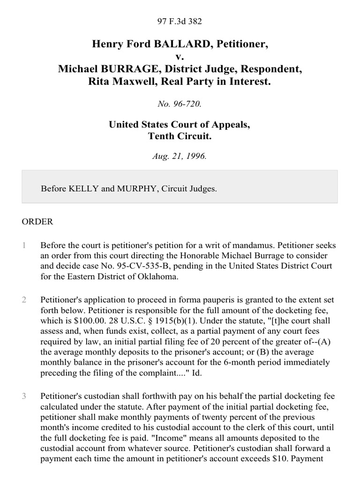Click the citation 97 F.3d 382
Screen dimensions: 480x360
180,21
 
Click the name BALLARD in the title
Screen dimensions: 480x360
170,45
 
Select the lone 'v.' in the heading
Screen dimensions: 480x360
180,57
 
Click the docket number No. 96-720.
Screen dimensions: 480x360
180,104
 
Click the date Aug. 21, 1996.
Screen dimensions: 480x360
180,157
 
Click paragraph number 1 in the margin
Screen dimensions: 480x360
24,246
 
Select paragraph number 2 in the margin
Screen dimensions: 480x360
24,300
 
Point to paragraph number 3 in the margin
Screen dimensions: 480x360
24,397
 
